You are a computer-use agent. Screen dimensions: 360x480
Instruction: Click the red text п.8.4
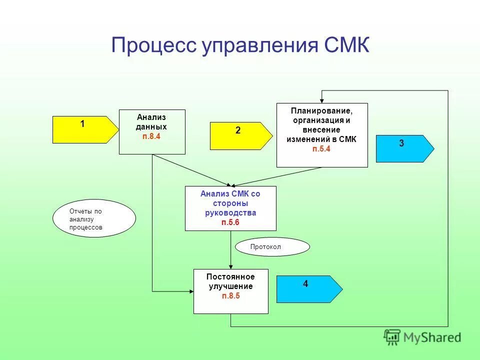tap(151, 136)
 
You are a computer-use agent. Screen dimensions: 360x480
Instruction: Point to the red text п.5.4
tap(321, 148)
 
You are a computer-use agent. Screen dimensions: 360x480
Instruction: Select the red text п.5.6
tap(230, 222)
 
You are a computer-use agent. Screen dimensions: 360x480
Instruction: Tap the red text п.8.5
tap(230, 296)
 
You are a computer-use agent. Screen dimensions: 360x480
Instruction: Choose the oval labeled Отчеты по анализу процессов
tap(94, 218)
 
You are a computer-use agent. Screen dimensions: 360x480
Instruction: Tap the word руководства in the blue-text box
tap(230, 213)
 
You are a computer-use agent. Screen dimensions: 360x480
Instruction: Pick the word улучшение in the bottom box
tap(230, 286)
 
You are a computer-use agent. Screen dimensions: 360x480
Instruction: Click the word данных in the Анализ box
tap(151, 127)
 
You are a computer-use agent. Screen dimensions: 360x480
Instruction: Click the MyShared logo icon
tap(392, 337)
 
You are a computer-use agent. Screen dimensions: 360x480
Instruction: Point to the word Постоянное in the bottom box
tap(230, 277)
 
